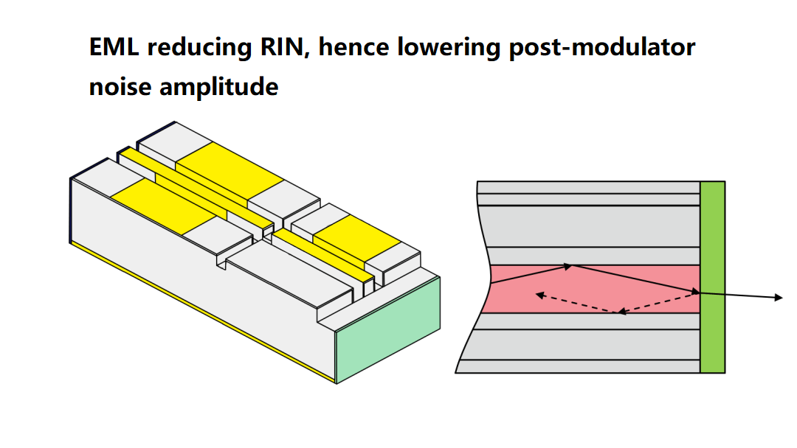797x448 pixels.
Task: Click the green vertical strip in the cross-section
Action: tap(712, 277)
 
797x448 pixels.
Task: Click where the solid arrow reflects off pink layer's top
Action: tap(570, 265)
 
